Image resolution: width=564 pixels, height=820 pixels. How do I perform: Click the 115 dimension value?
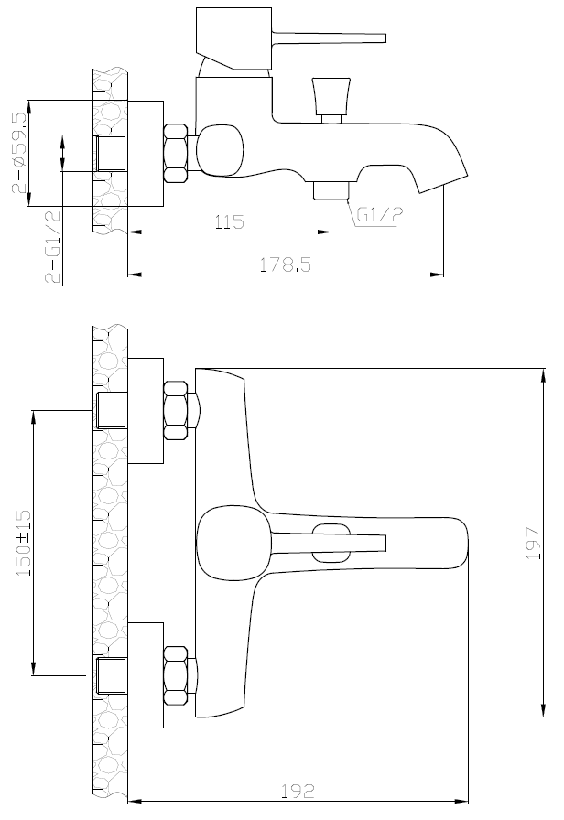click(229, 221)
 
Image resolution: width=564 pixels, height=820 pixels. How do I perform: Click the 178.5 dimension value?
click(286, 264)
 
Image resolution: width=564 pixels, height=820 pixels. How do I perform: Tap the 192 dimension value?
click(298, 792)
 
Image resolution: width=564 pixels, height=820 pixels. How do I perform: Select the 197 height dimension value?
click(533, 544)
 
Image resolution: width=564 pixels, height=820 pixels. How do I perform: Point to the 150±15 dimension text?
click(24, 544)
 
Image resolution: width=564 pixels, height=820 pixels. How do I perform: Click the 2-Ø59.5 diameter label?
click(19, 153)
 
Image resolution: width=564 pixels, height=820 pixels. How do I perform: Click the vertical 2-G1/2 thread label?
click(53, 246)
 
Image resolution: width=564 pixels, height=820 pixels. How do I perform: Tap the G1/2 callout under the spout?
click(380, 214)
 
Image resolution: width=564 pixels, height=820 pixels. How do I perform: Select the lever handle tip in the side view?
click(385, 38)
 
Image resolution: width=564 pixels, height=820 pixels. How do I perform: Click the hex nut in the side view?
click(176, 153)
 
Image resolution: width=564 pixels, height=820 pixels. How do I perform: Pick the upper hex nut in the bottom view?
click(176, 411)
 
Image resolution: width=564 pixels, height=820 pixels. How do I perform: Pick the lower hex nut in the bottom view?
click(176, 675)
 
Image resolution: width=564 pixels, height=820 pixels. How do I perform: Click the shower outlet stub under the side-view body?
click(331, 190)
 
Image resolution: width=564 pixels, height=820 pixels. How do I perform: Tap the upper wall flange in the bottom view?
click(146, 411)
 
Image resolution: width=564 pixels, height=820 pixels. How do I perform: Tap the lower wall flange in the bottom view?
click(146, 675)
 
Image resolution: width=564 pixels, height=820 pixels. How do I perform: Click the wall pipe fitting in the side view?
click(112, 153)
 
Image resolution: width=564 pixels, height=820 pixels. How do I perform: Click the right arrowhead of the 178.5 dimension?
click(437, 274)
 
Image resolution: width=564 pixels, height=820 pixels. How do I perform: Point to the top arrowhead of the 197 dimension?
click(544, 375)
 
